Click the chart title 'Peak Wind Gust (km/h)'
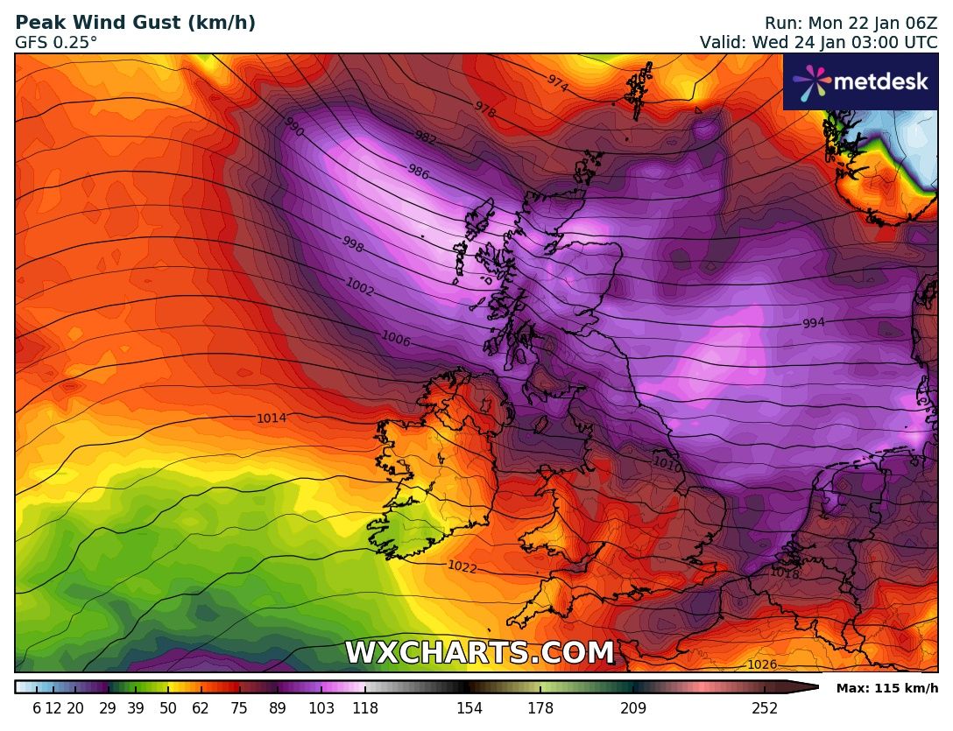(136, 24)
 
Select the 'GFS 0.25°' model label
(56, 42)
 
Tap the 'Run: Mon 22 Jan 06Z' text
(851, 24)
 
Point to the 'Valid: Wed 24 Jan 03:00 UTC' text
(818, 42)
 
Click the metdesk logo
(860, 81)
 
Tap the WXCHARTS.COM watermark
(479, 653)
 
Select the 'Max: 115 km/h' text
(886, 689)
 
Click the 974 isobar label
(557, 82)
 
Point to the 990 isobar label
(293, 128)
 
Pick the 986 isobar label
(419, 172)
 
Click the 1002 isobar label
(360, 286)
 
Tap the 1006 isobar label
(396, 340)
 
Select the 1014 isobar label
(272, 418)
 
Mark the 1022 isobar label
(462, 566)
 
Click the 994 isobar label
(814, 323)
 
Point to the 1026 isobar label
(761, 665)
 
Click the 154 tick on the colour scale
(469, 708)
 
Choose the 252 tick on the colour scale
(765, 708)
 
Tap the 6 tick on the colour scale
(37, 708)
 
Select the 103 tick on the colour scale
(321, 708)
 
